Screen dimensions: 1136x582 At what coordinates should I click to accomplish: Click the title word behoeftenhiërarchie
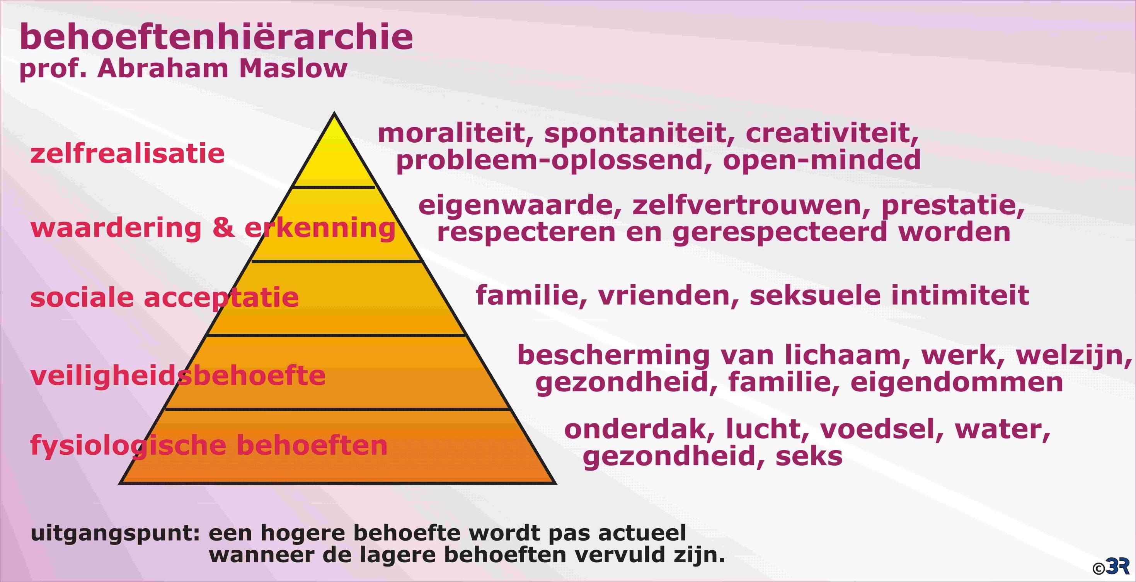pyautogui.click(x=216, y=37)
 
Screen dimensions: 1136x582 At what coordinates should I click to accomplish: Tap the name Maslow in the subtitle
pyautogui.click(x=293, y=69)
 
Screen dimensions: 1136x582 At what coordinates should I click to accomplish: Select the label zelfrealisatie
pyautogui.click(x=128, y=154)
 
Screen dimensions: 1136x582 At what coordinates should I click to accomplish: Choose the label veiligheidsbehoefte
pyautogui.click(x=178, y=376)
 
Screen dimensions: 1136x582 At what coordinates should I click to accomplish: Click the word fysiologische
pyautogui.click(x=128, y=445)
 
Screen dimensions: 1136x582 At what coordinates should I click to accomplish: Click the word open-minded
pyautogui.click(x=822, y=159)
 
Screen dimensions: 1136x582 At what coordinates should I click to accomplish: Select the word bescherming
pyautogui.click(x=613, y=355)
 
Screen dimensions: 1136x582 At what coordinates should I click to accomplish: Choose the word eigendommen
pyautogui.click(x=957, y=382)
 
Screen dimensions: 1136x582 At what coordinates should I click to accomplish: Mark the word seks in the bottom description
pyautogui.click(x=809, y=456)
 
